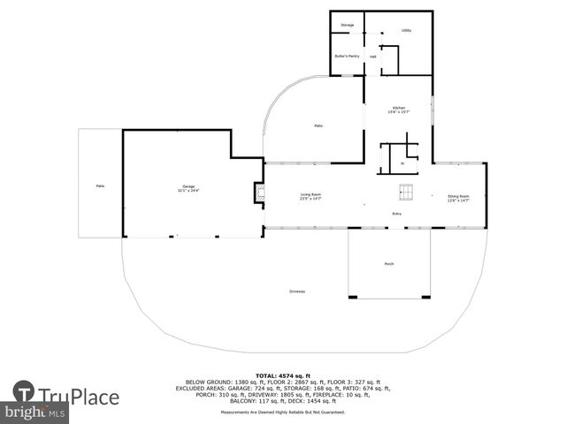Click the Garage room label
[x=188, y=187]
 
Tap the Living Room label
[x=310, y=196]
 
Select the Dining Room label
[x=458, y=197]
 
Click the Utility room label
[x=406, y=30]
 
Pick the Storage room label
[x=348, y=25]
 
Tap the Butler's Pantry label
[x=347, y=57]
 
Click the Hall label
[x=373, y=57]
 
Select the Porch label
[x=388, y=264]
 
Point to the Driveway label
[x=297, y=291]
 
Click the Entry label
[x=397, y=214]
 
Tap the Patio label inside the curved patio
[x=318, y=125]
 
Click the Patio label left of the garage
[x=100, y=185]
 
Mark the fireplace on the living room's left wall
[x=259, y=193]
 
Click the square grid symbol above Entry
[x=406, y=191]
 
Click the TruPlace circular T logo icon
[x=24, y=392]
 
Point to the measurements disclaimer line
[x=283, y=413]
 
